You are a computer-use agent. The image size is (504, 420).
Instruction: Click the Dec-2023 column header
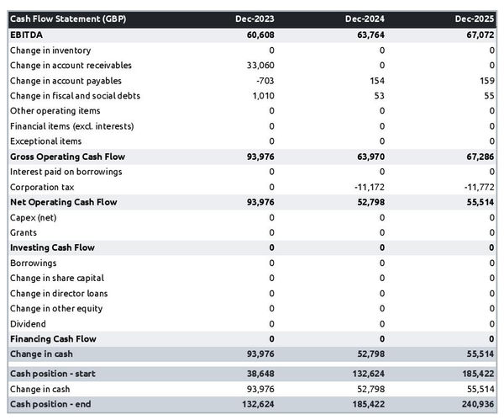click(255, 19)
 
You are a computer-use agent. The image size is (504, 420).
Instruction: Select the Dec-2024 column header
click(365, 19)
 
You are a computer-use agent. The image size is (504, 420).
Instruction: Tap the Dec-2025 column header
click(475, 19)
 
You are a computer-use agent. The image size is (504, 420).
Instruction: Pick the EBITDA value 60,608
click(258, 35)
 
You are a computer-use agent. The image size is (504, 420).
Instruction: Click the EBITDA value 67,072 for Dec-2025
click(479, 35)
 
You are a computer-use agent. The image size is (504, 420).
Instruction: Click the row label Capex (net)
click(34, 217)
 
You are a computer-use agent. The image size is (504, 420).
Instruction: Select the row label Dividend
click(28, 324)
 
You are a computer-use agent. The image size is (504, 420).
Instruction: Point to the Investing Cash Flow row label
click(52, 247)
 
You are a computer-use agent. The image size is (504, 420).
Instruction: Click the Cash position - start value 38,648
click(258, 373)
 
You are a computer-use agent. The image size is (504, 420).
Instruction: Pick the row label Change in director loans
click(59, 294)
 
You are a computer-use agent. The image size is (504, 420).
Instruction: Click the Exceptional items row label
click(45, 141)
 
